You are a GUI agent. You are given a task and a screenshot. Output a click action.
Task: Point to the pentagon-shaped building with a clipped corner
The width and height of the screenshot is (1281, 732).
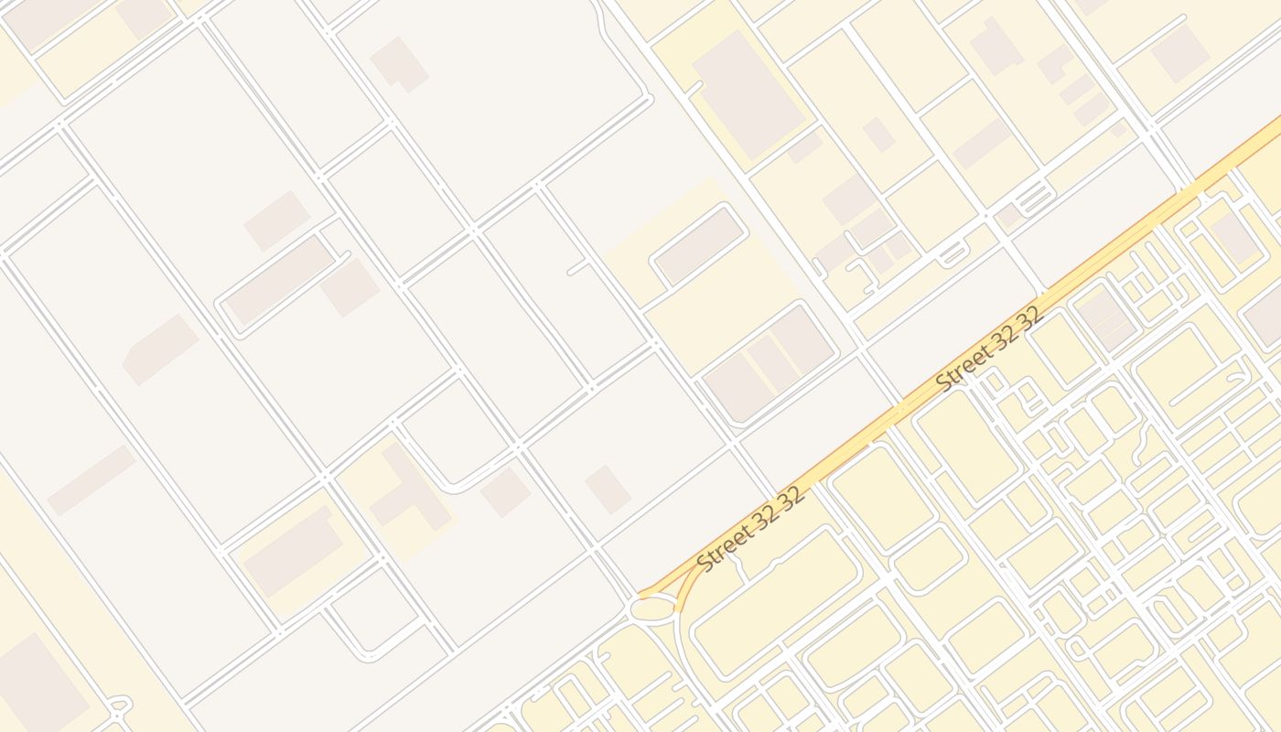tap(160, 350)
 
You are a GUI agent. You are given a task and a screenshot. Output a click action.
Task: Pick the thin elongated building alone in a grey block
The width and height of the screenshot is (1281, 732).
tap(91, 480)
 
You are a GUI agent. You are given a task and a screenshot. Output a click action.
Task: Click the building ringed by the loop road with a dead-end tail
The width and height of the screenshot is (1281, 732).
tap(280, 280)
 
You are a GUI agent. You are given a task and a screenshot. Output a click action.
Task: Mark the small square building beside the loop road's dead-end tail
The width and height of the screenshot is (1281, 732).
tap(350, 287)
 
